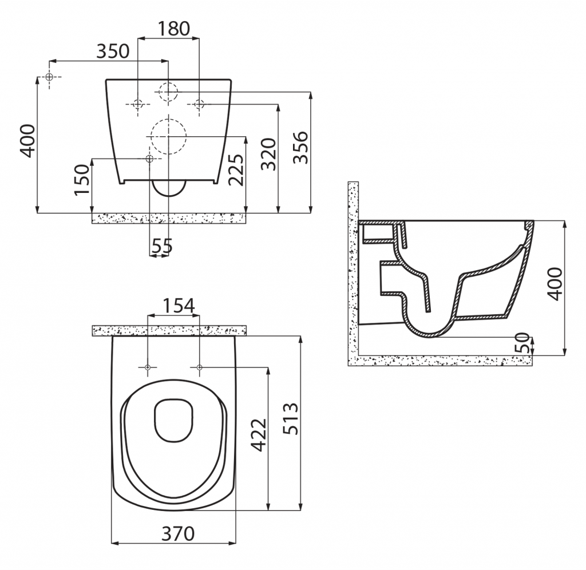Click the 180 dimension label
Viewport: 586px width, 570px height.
(173, 29)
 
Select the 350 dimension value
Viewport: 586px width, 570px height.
(113, 51)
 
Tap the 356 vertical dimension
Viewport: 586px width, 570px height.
(300, 148)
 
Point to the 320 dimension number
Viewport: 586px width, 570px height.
(268, 155)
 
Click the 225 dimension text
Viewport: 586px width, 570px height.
(236, 169)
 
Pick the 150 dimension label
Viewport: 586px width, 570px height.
(82, 179)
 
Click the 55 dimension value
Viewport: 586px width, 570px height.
(162, 246)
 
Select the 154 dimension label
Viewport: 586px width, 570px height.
(179, 306)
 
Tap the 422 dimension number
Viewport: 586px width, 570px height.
(259, 435)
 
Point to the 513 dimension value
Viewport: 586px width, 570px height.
(290, 418)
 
